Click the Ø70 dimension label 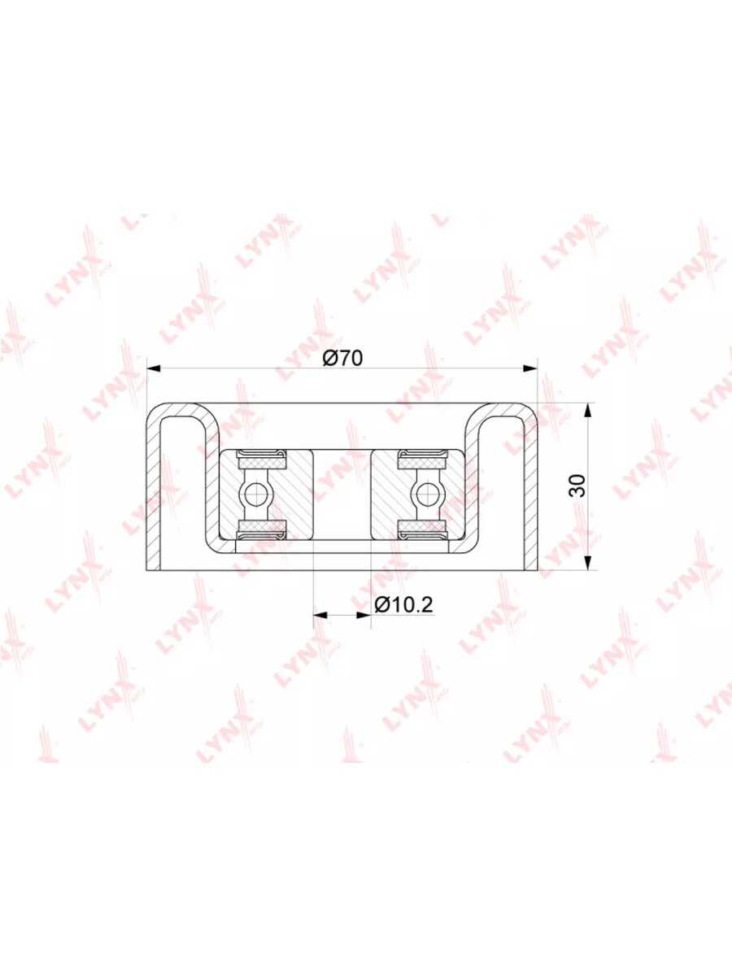tap(342, 358)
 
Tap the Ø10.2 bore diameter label tap(403, 604)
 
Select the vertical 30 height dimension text tap(577, 486)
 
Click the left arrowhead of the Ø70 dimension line tap(154, 368)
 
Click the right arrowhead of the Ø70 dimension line tap(530, 368)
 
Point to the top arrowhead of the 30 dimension tap(588, 410)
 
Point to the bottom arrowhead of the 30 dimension tap(588, 563)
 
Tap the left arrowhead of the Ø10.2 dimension tap(320, 615)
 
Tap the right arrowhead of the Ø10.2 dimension tap(364, 615)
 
